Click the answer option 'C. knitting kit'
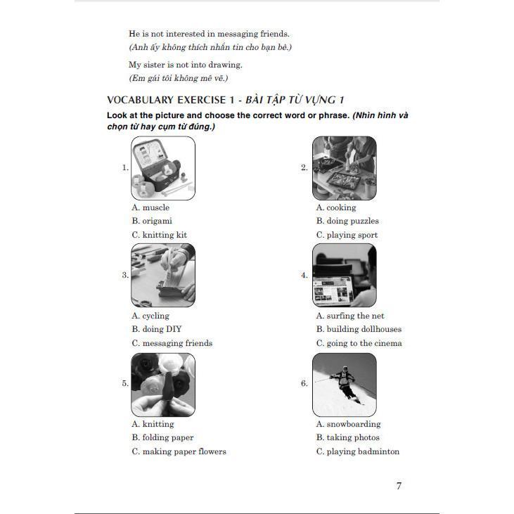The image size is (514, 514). point(160,235)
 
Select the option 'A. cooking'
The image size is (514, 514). point(336,207)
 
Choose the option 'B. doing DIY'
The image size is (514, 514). point(157,329)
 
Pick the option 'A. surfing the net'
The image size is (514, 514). point(350,316)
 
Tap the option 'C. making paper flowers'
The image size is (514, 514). point(179,451)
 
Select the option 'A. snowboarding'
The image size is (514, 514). point(349,424)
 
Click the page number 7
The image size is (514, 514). point(399,486)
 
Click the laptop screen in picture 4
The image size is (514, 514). point(333,290)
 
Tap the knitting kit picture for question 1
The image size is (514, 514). point(163,168)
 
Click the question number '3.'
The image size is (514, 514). point(125,275)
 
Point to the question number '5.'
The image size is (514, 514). point(125,383)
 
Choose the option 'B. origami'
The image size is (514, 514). point(152,221)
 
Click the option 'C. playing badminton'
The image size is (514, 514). point(358,451)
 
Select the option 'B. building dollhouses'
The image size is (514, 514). point(359,329)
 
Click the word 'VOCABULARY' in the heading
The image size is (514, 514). point(140,100)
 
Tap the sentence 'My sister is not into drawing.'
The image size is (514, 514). point(186,65)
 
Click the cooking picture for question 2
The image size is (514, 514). point(345,168)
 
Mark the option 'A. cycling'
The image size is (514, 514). point(150,316)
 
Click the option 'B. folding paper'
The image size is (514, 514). point(162,437)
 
